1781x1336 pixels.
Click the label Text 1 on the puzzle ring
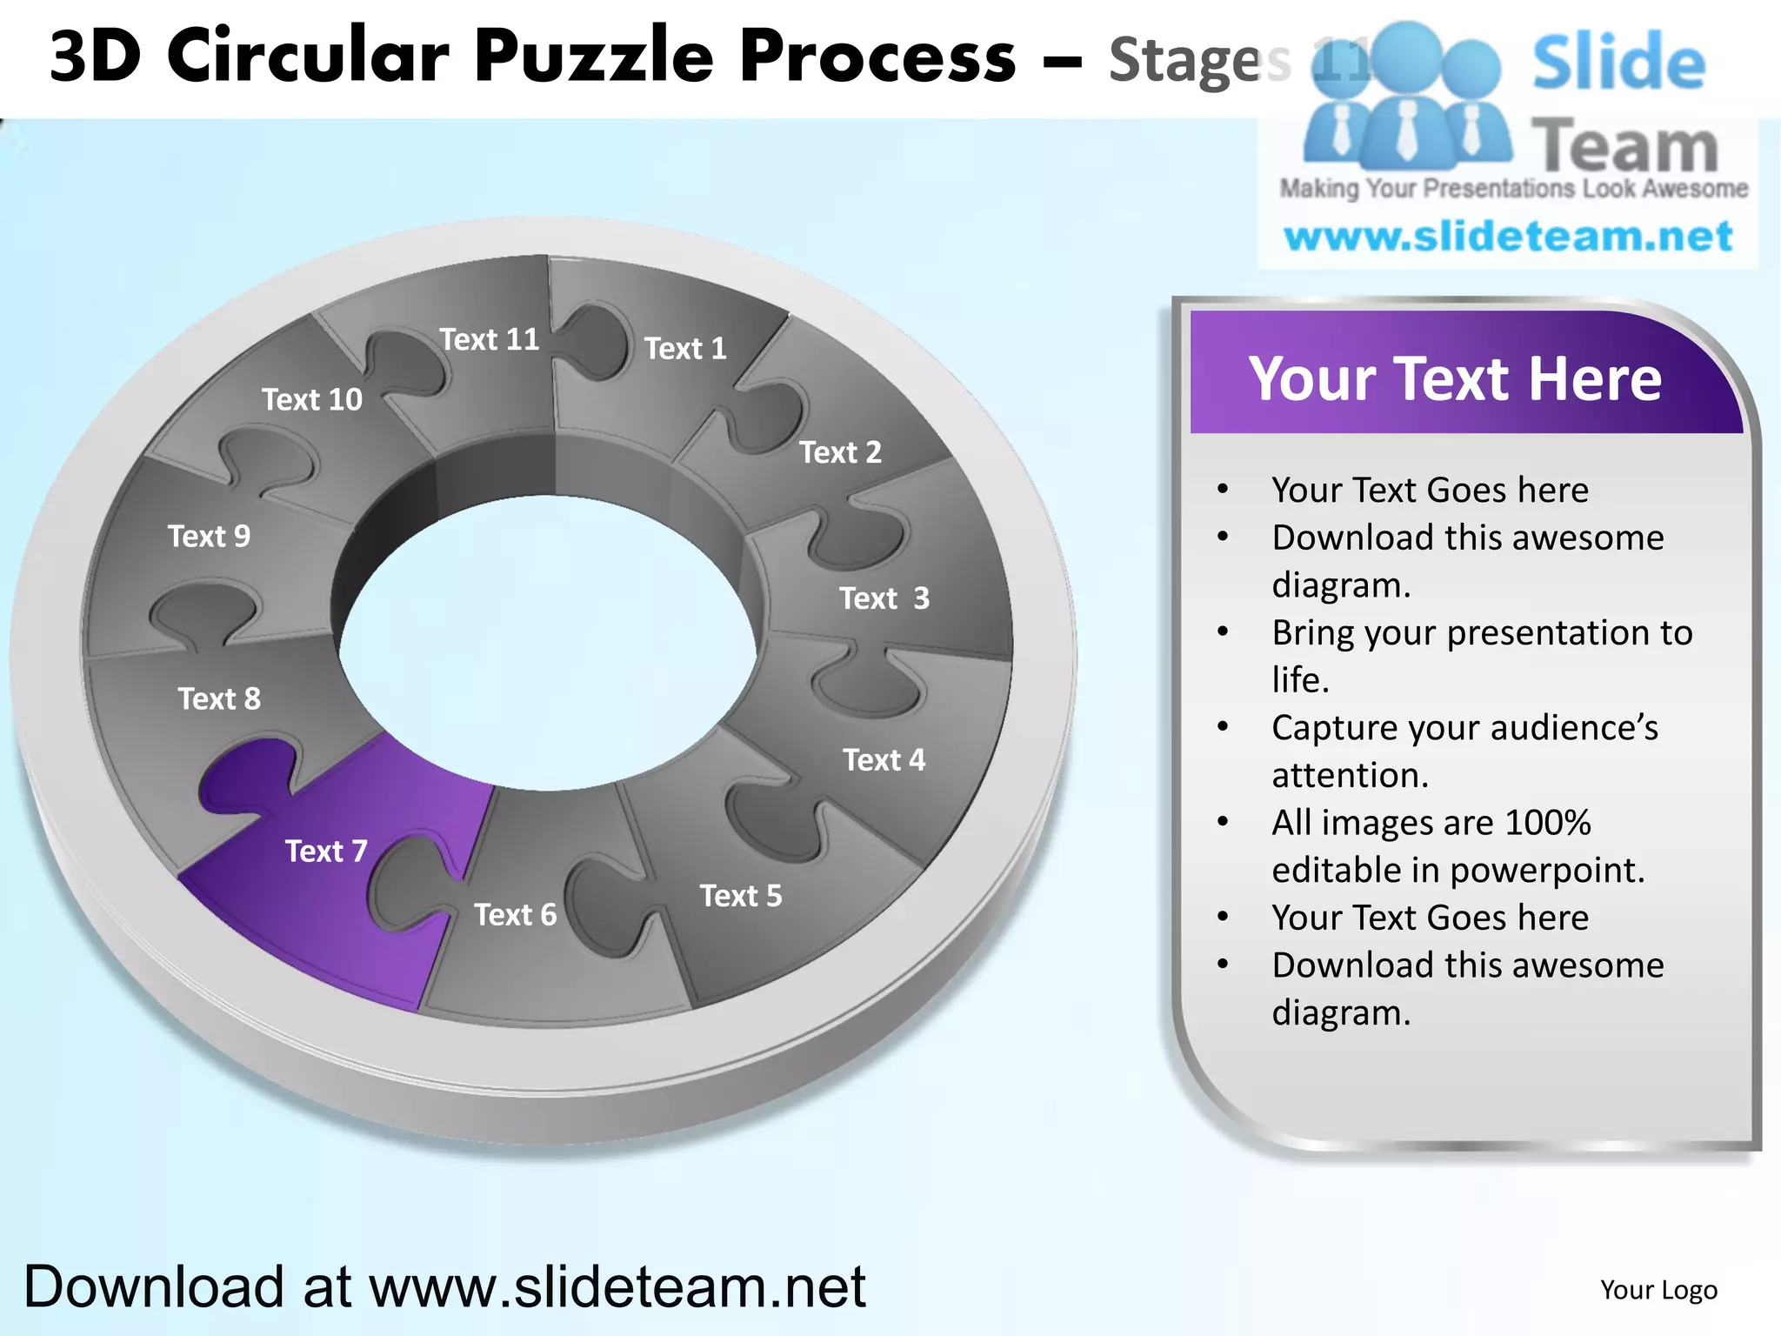point(685,349)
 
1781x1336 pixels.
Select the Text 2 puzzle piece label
point(840,452)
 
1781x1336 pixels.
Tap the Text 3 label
point(884,598)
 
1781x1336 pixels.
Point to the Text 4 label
point(884,760)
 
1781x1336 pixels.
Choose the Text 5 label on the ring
point(741,896)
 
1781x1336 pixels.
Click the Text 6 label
point(515,915)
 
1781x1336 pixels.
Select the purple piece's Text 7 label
point(326,851)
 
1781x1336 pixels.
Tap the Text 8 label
point(219,698)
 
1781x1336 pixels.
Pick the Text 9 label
point(209,536)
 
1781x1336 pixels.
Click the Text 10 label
point(312,399)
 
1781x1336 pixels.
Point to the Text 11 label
point(489,339)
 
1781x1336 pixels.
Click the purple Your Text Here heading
point(1455,378)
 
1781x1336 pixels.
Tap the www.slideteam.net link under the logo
point(1508,237)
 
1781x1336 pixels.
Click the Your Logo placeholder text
point(1658,1290)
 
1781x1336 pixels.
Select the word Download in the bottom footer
point(154,1286)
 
